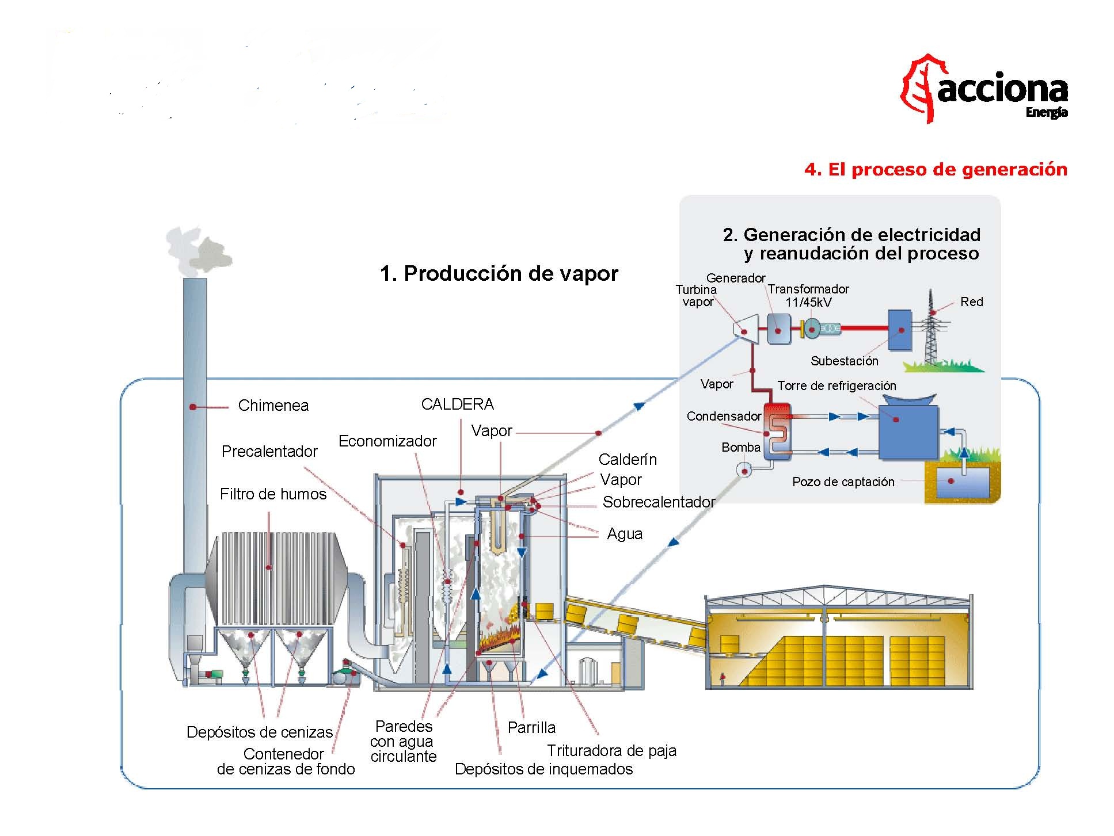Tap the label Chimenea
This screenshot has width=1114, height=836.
click(x=273, y=406)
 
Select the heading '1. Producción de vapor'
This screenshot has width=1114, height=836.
click(x=499, y=273)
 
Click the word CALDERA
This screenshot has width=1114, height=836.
click(x=457, y=404)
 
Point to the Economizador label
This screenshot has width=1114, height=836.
click(x=387, y=441)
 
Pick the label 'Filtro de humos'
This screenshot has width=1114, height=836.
click(x=273, y=494)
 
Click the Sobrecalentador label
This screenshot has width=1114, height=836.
click(x=658, y=502)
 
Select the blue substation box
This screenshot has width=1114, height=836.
click(x=899, y=330)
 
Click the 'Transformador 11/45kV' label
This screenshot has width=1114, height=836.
click(x=808, y=296)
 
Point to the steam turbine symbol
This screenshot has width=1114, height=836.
click(x=743, y=330)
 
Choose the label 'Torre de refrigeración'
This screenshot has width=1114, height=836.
click(x=837, y=386)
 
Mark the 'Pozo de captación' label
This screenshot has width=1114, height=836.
click(x=843, y=482)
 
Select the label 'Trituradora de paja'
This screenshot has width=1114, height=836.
click(x=611, y=751)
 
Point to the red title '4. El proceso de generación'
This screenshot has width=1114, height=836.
click(x=936, y=170)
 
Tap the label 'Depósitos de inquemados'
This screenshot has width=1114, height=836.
click(x=543, y=769)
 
